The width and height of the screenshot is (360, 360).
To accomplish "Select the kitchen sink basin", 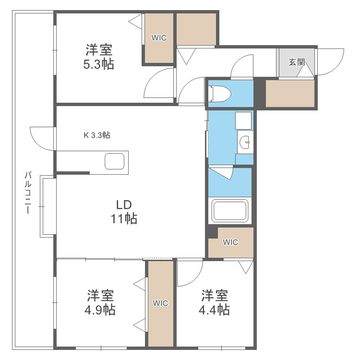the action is [x=115, y=161].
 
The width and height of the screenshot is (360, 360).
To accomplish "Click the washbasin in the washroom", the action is [x=245, y=142].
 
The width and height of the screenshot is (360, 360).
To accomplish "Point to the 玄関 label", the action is [x=297, y=62].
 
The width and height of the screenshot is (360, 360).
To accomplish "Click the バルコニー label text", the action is [x=28, y=192].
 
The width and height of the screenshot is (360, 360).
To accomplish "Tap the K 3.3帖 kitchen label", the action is [x=97, y=135].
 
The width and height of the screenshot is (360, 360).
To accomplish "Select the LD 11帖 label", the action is [x=124, y=212].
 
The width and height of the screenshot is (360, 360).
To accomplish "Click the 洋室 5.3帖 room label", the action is [x=99, y=57].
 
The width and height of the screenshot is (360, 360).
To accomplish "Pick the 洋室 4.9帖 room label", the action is [x=100, y=302].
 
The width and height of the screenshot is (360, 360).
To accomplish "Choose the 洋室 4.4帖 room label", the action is [x=215, y=302].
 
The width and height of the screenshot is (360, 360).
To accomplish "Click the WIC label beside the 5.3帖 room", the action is [x=159, y=38].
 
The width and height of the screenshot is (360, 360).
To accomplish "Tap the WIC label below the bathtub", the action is [x=230, y=242].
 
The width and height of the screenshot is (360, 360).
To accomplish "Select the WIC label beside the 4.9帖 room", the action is [x=160, y=303].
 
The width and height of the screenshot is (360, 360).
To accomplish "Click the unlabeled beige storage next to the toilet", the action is [x=290, y=93].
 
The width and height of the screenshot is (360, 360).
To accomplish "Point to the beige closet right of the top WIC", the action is [x=196, y=29].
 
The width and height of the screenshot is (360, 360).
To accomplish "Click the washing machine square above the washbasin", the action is [x=243, y=120].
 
